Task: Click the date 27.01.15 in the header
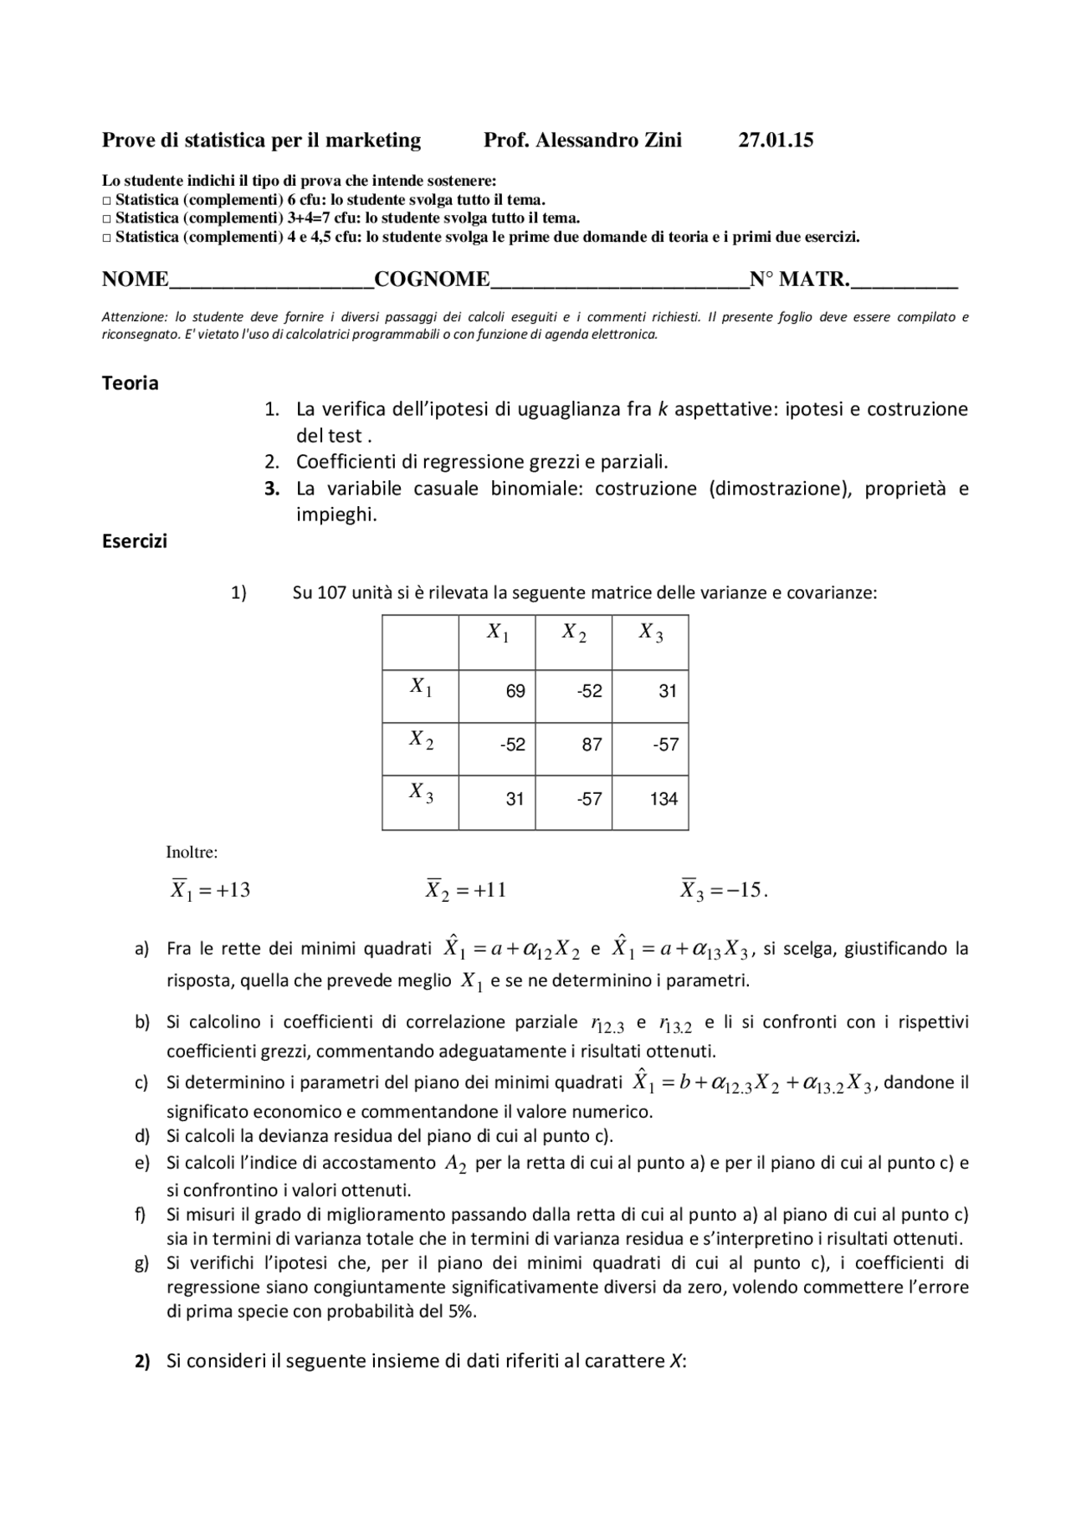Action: [x=775, y=141]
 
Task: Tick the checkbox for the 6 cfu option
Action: [x=106, y=200]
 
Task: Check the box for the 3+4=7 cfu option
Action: [x=106, y=218]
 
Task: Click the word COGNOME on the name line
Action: [x=432, y=279]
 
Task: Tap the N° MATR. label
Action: [x=799, y=279]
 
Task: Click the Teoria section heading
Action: [x=130, y=383]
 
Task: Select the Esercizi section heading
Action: [x=134, y=541]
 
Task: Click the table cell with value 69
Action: [x=515, y=691]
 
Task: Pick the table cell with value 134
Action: [x=664, y=799]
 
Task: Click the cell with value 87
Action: [x=592, y=745]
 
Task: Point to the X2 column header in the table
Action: [x=573, y=633]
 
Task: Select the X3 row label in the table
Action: [x=420, y=792]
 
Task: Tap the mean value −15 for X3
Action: [x=741, y=890]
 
